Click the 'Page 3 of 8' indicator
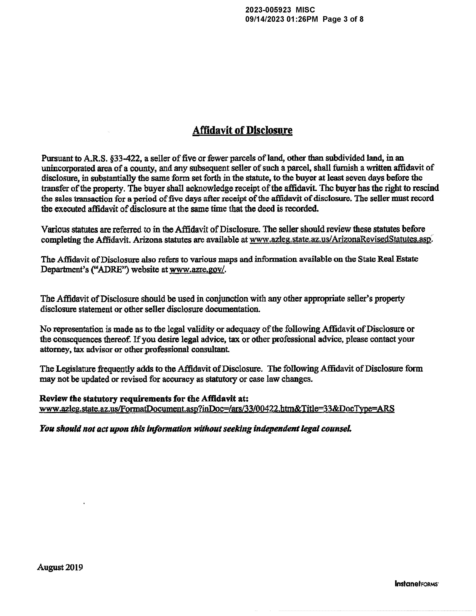(x=343, y=19)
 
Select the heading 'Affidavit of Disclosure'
(x=242, y=130)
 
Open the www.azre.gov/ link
(x=197, y=270)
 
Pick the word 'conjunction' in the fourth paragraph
(x=227, y=299)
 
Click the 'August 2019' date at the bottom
(x=60, y=567)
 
